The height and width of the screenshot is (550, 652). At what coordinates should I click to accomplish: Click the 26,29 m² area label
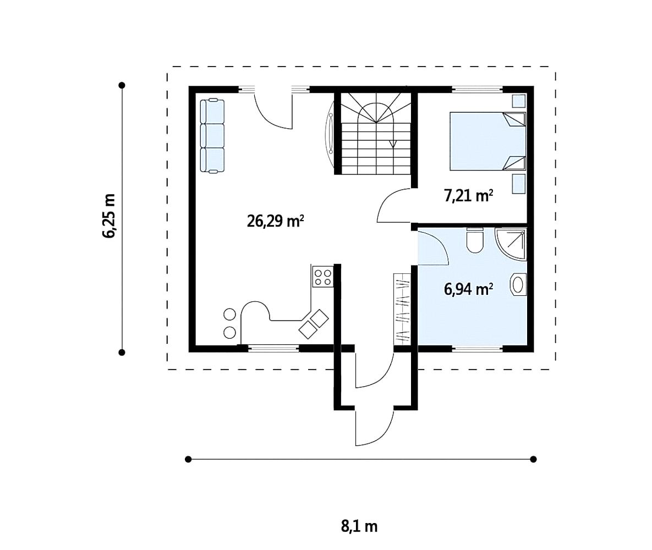coord(275,221)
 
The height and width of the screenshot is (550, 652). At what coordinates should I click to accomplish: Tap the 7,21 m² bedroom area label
coord(469,195)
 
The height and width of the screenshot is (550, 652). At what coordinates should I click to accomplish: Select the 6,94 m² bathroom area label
coord(469,289)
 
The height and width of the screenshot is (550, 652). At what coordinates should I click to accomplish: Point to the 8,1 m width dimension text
coord(359,526)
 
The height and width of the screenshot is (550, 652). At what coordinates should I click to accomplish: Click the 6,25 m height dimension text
coord(109,216)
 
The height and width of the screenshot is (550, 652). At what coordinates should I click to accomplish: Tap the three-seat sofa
coord(212,135)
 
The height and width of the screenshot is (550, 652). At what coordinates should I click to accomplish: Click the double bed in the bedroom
coord(487,141)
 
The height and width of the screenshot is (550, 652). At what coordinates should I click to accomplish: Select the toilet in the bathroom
coord(475,240)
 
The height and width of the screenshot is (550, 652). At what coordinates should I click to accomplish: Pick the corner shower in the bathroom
coord(511,244)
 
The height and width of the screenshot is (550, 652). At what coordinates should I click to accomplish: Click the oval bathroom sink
coord(518,285)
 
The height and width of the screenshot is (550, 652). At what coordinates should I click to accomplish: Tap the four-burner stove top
coord(322,277)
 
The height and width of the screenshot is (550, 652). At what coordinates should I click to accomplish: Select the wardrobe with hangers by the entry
coord(402,308)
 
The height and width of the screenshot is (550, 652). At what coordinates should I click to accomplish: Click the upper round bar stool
coord(229,314)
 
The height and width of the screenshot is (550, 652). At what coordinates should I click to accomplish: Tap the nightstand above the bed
coord(518,101)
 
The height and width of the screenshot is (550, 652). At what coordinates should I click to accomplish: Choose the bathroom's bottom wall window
coord(477,348)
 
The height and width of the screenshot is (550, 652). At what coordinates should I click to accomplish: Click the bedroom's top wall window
coord(477,89)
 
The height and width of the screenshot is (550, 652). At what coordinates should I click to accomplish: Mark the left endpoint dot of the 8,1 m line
coord(188,459)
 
